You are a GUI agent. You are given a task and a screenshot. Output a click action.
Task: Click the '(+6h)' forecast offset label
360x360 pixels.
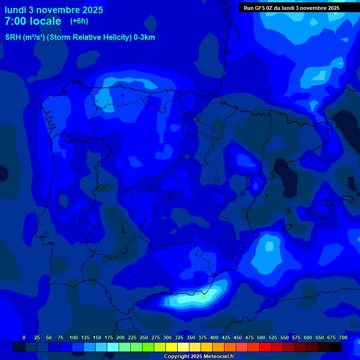click(79, 21)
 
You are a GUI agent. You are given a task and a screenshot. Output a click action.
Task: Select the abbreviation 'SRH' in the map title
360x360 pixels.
click(13, 37)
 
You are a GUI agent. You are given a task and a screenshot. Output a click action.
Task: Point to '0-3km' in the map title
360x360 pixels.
click(144, 37)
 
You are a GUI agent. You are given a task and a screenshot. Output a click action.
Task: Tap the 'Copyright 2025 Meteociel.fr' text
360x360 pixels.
click(199, 357)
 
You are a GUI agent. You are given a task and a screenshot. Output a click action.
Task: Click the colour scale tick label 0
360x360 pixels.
click(24, 337)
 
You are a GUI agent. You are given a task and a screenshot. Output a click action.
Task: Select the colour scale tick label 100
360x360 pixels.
click(74, 337)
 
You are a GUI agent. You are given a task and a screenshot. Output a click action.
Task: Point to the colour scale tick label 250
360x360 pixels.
click(144, 337)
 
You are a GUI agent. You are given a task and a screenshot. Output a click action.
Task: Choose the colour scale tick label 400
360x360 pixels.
click(214, 337)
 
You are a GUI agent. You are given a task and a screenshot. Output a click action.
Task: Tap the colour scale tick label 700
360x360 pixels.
click(343, 337)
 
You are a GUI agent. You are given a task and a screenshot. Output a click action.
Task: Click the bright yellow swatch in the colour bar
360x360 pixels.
click(172, 347)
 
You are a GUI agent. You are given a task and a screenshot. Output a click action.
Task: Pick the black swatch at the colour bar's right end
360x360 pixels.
click(336, 347)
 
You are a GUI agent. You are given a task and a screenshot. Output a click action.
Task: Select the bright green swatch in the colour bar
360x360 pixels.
click(148, 347)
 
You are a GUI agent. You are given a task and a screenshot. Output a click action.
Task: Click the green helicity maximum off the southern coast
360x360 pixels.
click(202, 297)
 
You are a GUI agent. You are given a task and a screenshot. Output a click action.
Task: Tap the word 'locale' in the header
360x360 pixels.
click(45, 21)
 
